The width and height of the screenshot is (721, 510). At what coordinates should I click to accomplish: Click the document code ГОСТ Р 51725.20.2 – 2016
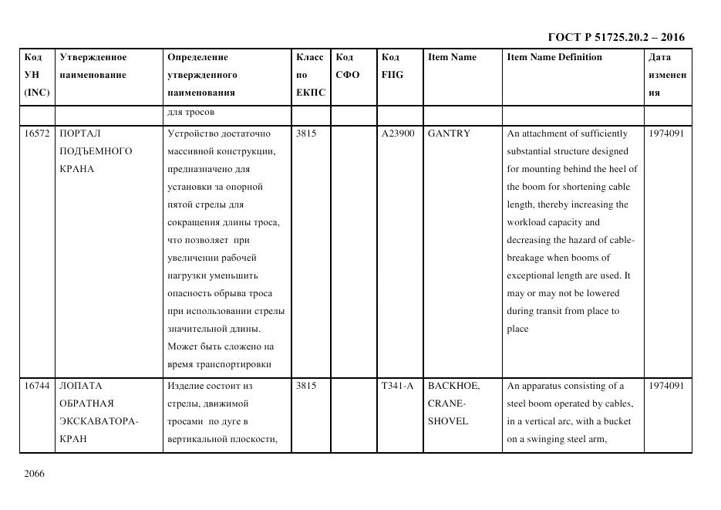(x=615, y=37)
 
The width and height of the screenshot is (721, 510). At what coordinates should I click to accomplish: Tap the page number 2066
(x=35, y=474)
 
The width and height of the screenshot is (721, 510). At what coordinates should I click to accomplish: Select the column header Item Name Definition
(x=554, y=57)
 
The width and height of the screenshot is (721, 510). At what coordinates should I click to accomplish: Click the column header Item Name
(x=452, y=57)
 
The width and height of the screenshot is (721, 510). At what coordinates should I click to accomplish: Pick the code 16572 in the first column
(x=37, y=133)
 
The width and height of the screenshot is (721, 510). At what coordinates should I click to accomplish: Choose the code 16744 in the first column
(x=37, y=386)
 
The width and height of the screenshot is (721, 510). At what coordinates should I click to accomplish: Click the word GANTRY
(x=449, y=133)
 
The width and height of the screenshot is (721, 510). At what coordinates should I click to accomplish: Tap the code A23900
(x=398, y=133)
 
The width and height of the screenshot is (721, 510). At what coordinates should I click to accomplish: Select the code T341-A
(x=397, y=386)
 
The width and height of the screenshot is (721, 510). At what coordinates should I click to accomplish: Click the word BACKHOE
(x=453, y=386)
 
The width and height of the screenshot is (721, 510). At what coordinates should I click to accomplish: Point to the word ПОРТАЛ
(x=80, y=133)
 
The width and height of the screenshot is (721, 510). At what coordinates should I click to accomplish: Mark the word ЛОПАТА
(x=81, y=386)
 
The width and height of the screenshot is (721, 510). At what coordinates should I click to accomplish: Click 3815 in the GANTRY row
(x=306, y=133)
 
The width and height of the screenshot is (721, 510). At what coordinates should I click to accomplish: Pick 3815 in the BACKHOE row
(x=306, y=386)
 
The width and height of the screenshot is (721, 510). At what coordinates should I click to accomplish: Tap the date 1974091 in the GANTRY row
(x=666, y=133)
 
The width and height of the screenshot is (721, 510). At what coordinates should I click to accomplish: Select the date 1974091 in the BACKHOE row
(x=666, y=386)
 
